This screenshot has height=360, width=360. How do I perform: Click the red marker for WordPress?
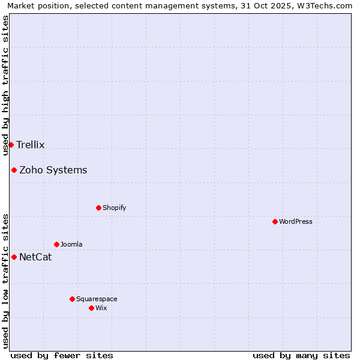(275, 221)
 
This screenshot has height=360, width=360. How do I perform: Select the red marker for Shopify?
(98, 208)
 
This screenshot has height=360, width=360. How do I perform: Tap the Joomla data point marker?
(56, 244)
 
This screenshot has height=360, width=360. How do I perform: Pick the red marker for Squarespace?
(72, 299)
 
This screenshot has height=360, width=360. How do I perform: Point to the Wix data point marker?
(91, 308)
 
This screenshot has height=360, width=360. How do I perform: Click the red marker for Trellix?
(11, 145)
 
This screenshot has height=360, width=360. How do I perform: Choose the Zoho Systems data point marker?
(14, 170)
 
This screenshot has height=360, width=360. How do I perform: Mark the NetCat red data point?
(14, 257)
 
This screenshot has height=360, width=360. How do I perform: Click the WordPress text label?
(296, 221)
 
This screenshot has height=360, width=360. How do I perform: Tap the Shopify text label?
(115, 208)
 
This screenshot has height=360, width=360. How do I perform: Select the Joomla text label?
(71, 244)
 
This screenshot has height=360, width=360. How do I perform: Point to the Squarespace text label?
(97, 299)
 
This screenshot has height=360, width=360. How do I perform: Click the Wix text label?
(101, 308)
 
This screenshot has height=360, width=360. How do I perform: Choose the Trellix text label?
(31, 145)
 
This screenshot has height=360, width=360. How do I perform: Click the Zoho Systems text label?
(53, 170)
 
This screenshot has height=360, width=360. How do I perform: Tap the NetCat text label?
(35, 257)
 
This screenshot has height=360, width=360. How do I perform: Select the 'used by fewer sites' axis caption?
(62, 355)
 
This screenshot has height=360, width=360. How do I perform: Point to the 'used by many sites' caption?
(301, 355)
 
